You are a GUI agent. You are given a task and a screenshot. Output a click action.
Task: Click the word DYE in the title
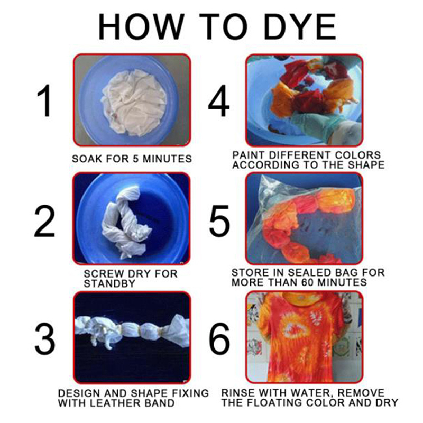tap(300, 27)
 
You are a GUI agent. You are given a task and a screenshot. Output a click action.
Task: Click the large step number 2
tap(44, 221)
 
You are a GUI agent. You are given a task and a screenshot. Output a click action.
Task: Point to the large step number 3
tap(45, 338)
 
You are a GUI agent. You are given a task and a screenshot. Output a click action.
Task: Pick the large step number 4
tap(219, 100)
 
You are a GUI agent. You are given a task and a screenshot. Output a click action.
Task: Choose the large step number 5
tap(219, 221)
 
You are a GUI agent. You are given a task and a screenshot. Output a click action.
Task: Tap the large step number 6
tap(219, 338)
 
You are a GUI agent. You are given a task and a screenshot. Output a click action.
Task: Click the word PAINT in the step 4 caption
tap(249, 155)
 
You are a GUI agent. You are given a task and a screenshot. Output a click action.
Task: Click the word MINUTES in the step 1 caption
tap(167, 159)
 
